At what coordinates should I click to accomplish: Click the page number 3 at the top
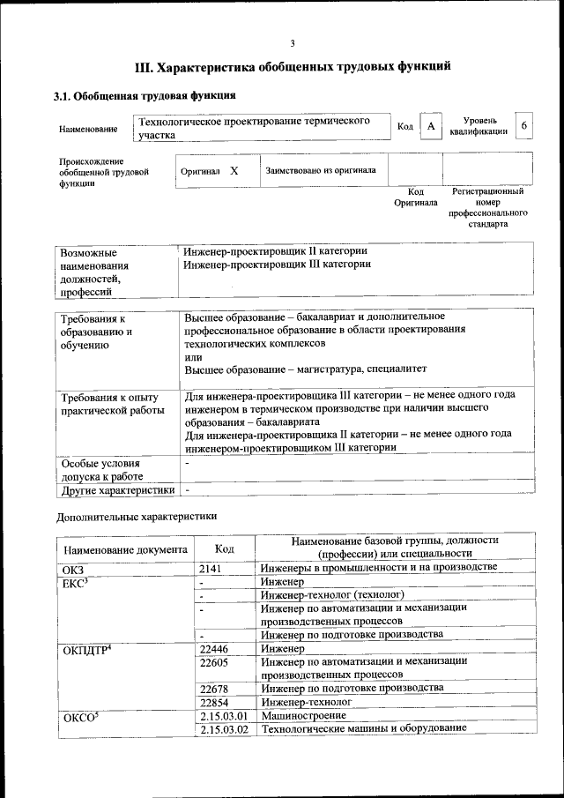[x=293, y=43]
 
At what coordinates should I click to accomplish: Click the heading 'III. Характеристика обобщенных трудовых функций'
[x=293, y=66]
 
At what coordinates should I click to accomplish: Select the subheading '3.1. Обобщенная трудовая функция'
[x=144, y=95]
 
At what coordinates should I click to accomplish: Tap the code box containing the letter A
[x=430, y=127]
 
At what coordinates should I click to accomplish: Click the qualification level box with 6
[x=524, y=126]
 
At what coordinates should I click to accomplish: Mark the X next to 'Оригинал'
[x=234, y=170]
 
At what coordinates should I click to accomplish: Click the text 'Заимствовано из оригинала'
[x=321, y=170]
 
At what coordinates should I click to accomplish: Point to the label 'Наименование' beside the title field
[x=88, y=130]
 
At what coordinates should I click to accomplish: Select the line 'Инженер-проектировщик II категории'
[x=275, y=251]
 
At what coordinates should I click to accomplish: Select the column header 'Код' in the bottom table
[x=224, y=548]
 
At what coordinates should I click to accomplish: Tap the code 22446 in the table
[x=216, y=649]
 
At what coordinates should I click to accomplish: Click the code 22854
[x=216, y=702]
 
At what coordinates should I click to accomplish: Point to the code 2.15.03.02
[x=224, y=729]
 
